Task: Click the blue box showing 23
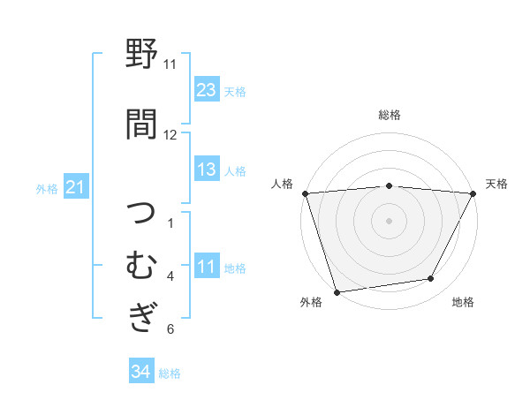click(206, 89)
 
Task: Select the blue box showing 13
click(206, 170)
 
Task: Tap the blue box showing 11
click(206, 267)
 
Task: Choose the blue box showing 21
click(75, 187)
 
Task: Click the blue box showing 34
click(140, 372)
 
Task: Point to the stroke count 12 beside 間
click(170, 134)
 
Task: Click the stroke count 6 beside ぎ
click(170, 329)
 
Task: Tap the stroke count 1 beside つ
click(170, 223)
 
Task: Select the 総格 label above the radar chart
click(390, 115)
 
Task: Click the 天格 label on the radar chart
click(496, 184)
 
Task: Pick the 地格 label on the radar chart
click(463, 303)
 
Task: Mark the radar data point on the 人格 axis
click(305, 193)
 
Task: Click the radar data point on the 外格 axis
click(337, 291)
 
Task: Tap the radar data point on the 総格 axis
click(389, 185)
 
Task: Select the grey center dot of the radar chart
click(389, 220)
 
